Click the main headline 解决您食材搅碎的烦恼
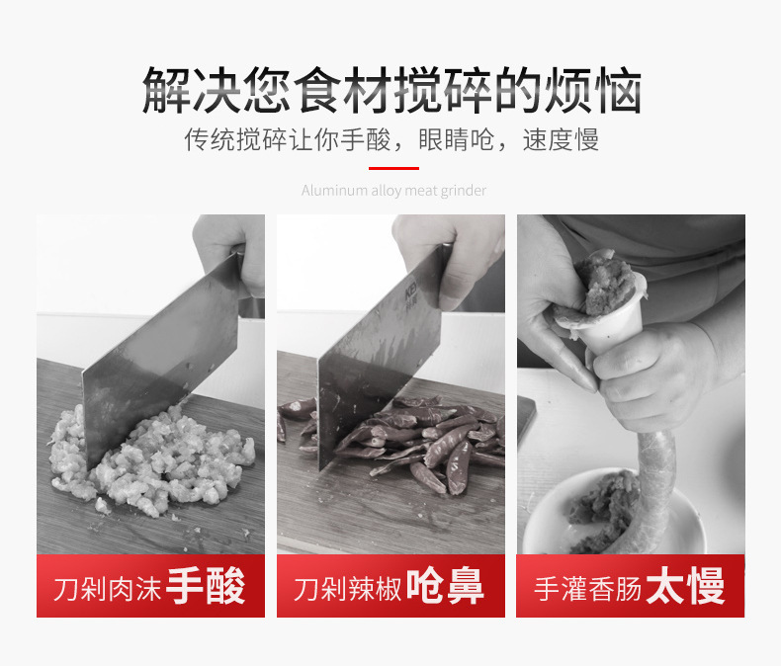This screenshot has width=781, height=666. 391,91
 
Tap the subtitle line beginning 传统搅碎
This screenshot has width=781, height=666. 391,139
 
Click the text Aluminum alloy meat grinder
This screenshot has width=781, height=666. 393,190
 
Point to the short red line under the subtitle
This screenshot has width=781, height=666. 392,169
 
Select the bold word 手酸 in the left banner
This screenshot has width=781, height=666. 206,587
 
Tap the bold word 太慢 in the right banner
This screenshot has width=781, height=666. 685,587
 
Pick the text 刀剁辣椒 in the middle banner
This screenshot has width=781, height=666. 347,590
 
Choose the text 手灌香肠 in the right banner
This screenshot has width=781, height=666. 587,590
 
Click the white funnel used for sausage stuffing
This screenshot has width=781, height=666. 613,331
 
